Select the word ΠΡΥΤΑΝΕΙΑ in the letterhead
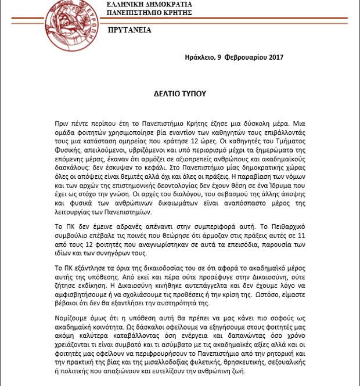(129, 30)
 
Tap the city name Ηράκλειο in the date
(199, 57)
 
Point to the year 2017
(272, 57)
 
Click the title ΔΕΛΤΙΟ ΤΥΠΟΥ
(179, 93)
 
